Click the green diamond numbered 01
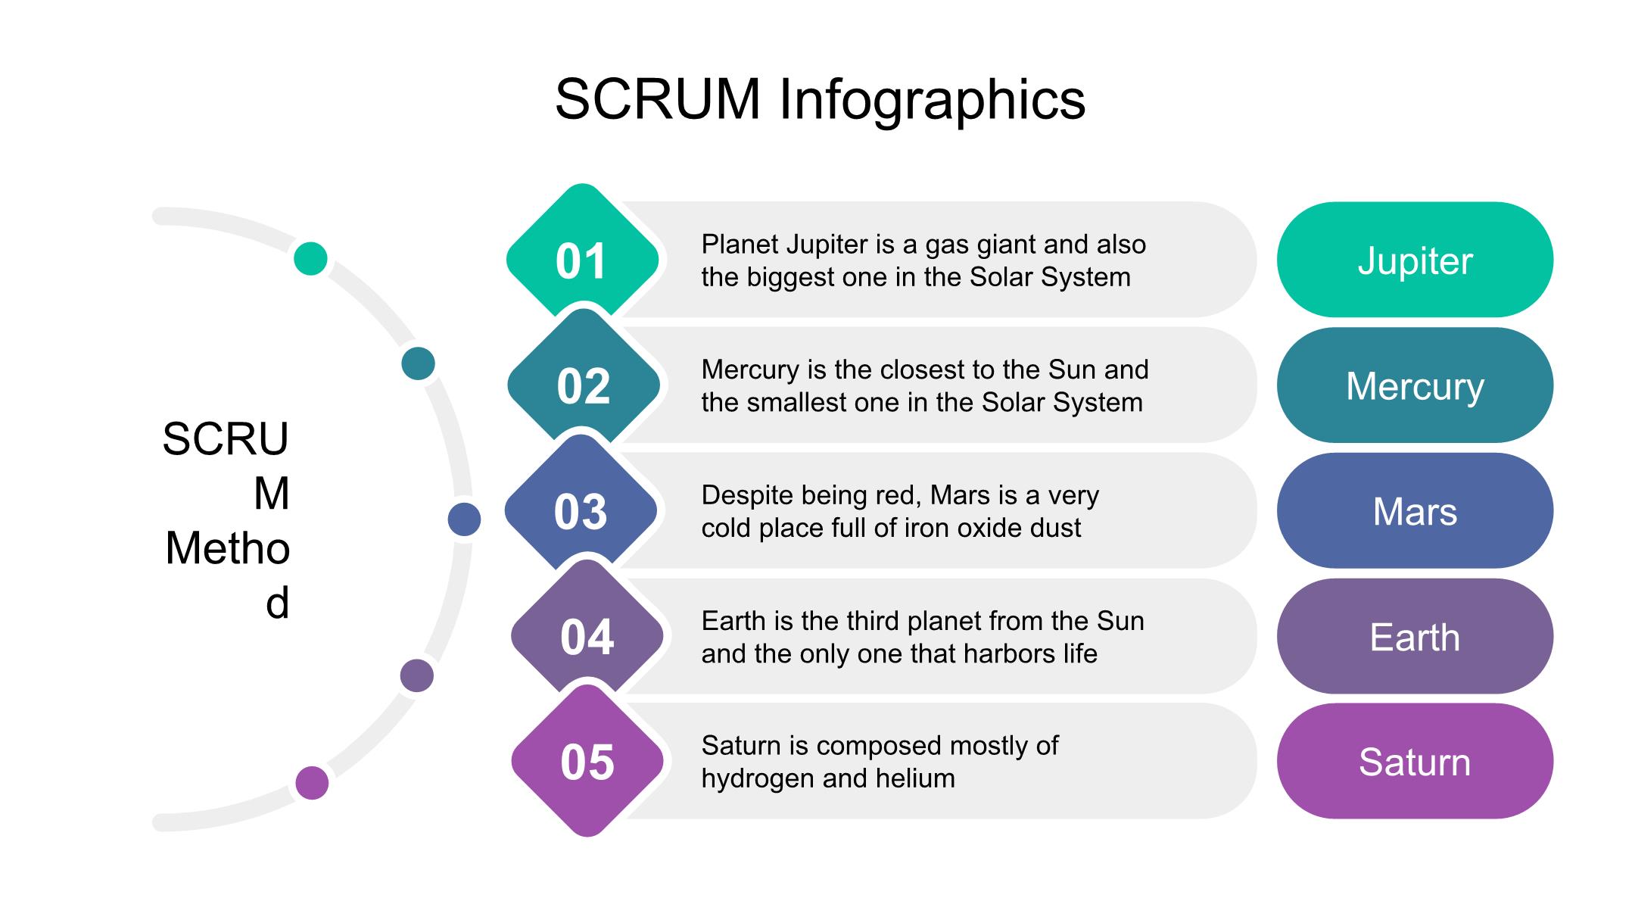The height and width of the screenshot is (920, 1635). tap(582, 260)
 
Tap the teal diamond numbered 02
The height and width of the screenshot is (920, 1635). tap(584, 385)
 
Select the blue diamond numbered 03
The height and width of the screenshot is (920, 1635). tap(581, 510)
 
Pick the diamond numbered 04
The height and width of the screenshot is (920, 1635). tap(587, 636)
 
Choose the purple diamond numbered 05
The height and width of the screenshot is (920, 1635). tap(587, 761)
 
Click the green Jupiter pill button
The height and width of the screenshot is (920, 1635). tap(1415, 260)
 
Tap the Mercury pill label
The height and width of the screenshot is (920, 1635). tap(1415, 385)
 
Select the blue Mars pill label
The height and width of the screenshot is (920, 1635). tap(1415, 511)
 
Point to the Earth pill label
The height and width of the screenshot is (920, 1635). tap(1415, 637)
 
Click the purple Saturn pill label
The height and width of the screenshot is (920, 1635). tap(1415, 761)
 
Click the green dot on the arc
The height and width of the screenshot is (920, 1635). tap(310, 258)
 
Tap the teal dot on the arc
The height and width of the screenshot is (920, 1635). tap(418, 363)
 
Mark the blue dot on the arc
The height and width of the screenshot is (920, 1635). tap(464, 519)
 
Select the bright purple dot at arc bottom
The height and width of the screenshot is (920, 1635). tap(312, 782)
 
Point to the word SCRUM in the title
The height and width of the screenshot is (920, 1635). tap(657, 100)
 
